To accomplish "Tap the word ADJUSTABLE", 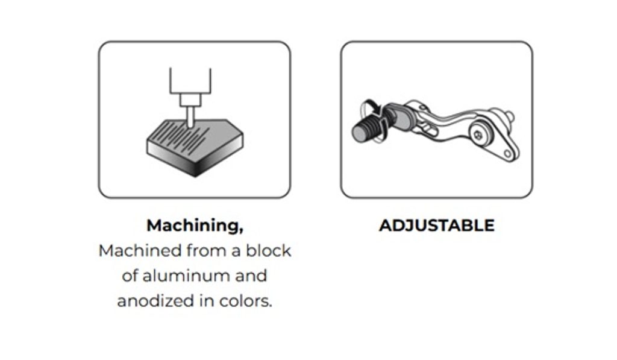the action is coord(437,226).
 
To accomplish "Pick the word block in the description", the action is coord(269,250).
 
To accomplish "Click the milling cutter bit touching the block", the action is coord(190,118).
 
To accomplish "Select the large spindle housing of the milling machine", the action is coord(190,81).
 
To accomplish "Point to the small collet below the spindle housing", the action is coord(190,100).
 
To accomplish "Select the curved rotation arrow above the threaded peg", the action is coord(371,108).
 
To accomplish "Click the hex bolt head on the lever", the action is coord(478,135).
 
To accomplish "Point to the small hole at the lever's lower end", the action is coord(507,154).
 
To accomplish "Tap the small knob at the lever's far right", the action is coord(510,116).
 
